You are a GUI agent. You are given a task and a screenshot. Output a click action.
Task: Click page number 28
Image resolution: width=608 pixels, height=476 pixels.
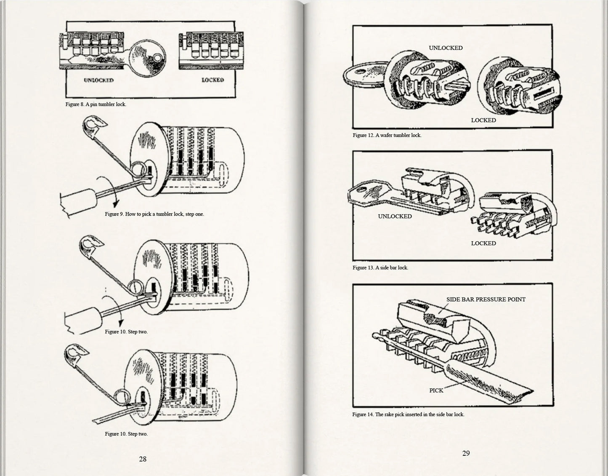tap(143, 459)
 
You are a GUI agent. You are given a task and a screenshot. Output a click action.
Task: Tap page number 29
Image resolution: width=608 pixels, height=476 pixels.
tap(466, 453)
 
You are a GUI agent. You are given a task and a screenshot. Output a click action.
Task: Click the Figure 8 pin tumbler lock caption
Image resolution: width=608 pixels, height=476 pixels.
tap(96, 104)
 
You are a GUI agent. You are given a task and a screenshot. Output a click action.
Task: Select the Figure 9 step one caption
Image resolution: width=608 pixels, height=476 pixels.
tap(154, 214)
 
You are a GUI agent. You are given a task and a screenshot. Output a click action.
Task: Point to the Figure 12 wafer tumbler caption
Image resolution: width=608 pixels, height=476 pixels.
tap(387, 135)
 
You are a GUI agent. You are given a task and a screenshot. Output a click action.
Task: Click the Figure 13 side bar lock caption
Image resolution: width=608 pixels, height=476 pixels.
tap(380, 267)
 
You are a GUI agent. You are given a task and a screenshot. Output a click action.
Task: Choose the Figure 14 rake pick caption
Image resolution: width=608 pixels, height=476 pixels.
tap(408, 414)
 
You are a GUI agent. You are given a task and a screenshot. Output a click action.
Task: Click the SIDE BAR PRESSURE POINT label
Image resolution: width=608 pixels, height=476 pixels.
tap(486, 300)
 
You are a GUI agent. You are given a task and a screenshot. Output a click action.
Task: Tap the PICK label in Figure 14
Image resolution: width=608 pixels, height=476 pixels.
tap(436, 390)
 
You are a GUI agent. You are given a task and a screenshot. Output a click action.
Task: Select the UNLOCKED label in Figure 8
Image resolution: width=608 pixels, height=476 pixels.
tap(98, 80)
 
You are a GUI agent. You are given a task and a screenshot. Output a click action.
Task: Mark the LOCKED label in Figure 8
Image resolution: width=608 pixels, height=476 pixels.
tap(212, 80)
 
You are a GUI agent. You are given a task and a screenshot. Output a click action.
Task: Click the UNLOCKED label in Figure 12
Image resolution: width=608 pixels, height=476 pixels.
tap(446, 48)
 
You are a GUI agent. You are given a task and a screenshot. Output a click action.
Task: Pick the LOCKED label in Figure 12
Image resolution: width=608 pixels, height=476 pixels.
tap(483, 120)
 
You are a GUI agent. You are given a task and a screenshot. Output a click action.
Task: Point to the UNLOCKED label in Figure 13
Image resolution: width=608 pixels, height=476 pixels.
tap(395, 217)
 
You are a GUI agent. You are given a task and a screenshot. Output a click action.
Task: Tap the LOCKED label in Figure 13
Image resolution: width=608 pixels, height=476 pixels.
tap(483, 243)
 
